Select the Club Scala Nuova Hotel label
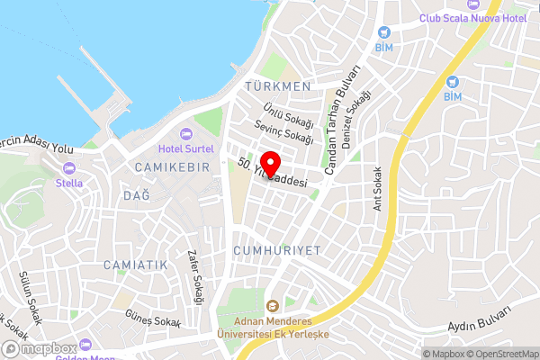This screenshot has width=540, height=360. [472, 18]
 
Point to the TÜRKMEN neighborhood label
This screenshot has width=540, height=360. [277, 86]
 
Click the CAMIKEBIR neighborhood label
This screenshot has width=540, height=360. [171, 168]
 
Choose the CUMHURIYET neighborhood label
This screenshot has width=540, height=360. [276, 250]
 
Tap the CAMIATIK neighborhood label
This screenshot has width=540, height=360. [136, 265]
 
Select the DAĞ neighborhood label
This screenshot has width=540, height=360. [136, 195]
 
